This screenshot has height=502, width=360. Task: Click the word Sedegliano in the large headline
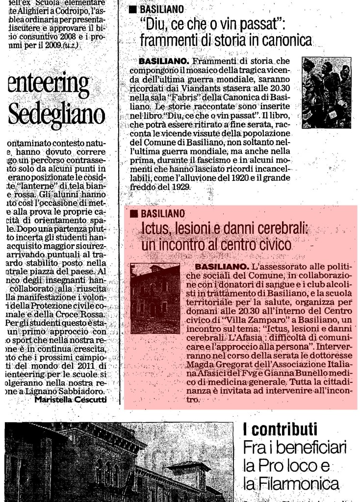point(56,114)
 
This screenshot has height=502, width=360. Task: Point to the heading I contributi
point(280,429)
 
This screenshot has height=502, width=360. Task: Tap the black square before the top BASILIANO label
point(132,9)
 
